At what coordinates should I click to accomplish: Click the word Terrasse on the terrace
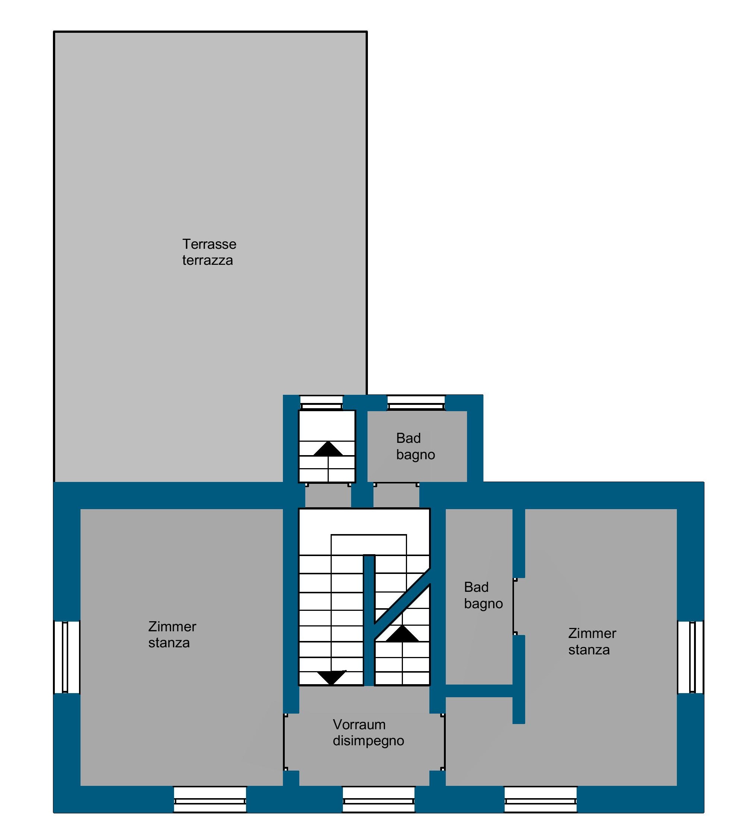coord(209,244)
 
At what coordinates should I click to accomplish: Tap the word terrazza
coord(208,260)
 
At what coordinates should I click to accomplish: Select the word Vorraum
coord(359,724)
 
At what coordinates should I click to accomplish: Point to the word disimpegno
coord(368,741)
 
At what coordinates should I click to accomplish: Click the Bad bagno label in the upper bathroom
coord(416,447)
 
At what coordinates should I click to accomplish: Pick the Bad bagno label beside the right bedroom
coord(483,595)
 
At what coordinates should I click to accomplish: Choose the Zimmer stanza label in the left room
coord(172,634)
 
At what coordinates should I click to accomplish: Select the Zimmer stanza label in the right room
coord(592,641)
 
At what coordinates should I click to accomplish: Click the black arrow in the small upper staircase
coord(328,448)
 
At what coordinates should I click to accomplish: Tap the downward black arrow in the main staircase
coord(332,677)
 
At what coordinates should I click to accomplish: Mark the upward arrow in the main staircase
coord(402,634)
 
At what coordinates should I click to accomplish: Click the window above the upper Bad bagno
coord(416,403)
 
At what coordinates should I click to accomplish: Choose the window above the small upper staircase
coord(321,403)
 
